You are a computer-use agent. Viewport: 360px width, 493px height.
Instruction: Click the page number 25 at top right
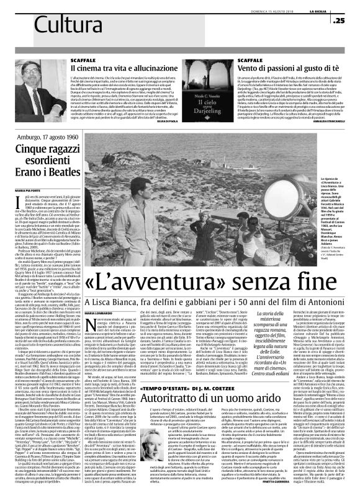340,20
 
